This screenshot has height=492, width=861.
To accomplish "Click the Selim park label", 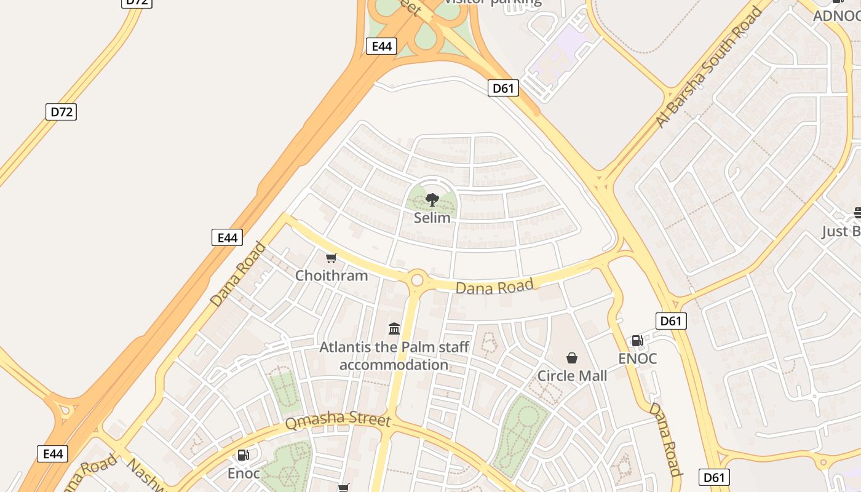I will (432, 218).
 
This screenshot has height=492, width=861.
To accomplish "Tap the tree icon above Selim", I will (432, 199).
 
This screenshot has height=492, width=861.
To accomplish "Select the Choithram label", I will (331, 276).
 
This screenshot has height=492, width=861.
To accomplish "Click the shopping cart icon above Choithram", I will (331, 258).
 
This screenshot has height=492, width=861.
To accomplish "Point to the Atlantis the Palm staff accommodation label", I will (394, 356).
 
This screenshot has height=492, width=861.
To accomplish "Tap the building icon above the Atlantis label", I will (394, 329).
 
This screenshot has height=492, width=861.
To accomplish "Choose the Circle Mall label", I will (572, 376).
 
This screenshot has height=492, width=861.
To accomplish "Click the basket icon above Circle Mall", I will (572, 358).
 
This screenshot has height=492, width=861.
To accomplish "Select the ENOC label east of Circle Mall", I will (638, 359).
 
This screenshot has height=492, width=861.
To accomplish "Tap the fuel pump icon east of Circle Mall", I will (638, 341).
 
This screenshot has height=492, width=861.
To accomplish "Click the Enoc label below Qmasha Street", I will (244, 474).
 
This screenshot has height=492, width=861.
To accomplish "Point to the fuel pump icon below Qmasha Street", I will (244, 456).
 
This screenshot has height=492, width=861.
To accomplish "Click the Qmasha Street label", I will (338, 421).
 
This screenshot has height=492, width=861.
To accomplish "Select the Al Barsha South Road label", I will (708, 67).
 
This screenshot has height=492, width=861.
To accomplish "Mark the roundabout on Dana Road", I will (417, 280).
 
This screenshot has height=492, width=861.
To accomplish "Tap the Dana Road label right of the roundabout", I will (494, 286).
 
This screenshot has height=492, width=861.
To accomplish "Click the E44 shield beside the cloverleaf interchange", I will (381, 46).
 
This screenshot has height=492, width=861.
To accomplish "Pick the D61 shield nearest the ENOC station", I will (671, 320).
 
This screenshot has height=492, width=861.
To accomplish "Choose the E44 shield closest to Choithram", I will (227, 237).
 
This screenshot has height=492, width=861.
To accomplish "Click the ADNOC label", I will (836, 16).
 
